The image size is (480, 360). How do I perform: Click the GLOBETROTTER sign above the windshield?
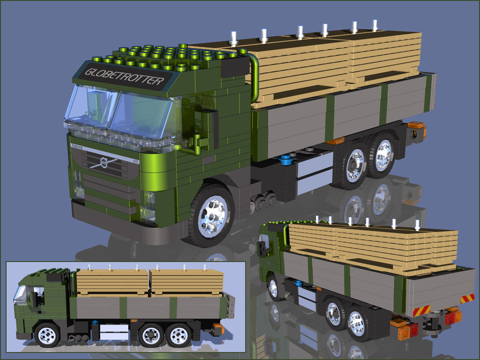coord(124,77)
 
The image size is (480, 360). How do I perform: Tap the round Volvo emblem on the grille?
coord(104,164)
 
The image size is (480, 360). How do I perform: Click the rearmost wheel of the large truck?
coord(383,155)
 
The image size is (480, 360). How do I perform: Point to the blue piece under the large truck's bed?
coord(285,161)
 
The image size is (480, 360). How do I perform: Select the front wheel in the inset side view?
coord(47,335)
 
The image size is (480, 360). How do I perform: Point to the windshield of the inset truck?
coord(20,294)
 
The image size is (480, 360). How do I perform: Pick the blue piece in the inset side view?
coord(95,322)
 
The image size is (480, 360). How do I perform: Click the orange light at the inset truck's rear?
coord(218,329)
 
